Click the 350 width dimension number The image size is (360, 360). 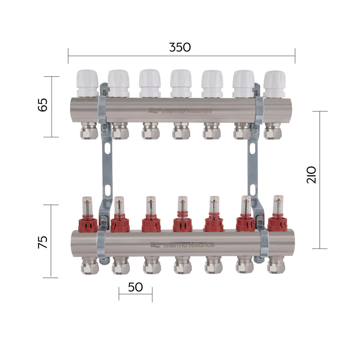coord(180,47)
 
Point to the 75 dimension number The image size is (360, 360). coord(42,242)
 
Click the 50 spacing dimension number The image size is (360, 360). coord(135,287)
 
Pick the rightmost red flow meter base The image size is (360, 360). coord(278,223)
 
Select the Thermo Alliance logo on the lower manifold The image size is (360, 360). coord(183,245)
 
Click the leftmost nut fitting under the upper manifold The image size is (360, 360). coord(89,131)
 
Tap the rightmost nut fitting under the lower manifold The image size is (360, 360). coord(276,266)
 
